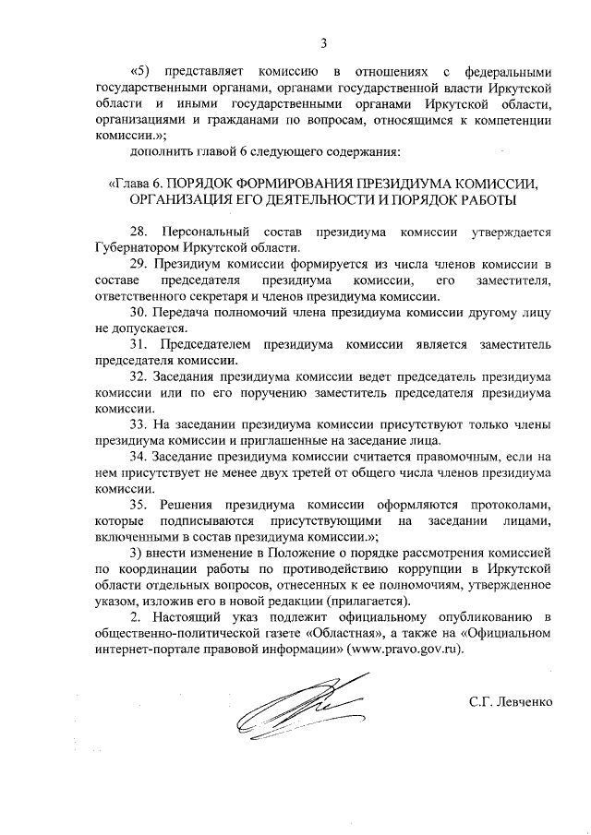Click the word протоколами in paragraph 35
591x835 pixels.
pyautogui.click(x=498, y=505)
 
